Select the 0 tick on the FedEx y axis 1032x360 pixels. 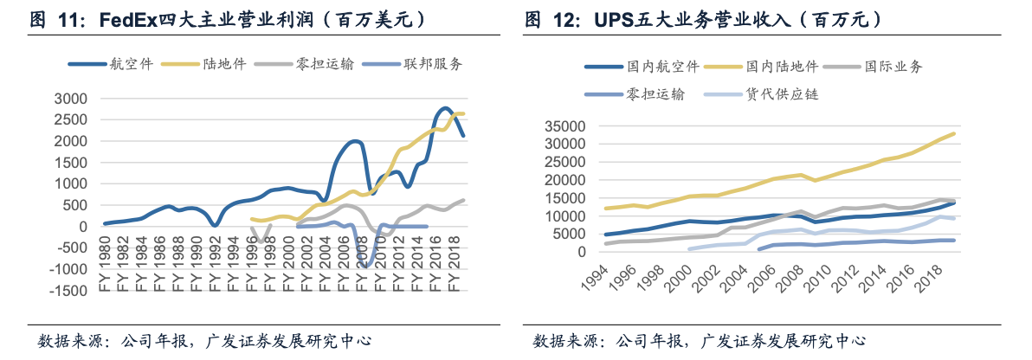tap(84, 227)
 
